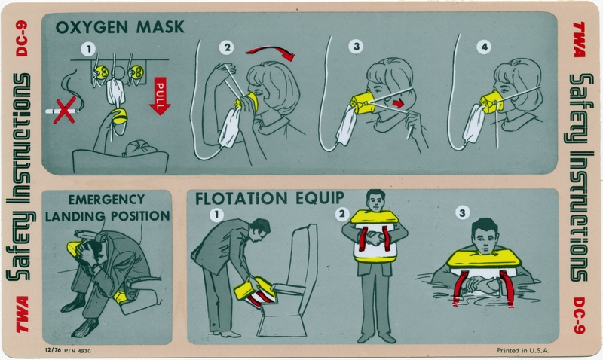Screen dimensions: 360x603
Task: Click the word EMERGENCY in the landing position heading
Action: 106,201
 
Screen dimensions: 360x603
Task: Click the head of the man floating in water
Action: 483,235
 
